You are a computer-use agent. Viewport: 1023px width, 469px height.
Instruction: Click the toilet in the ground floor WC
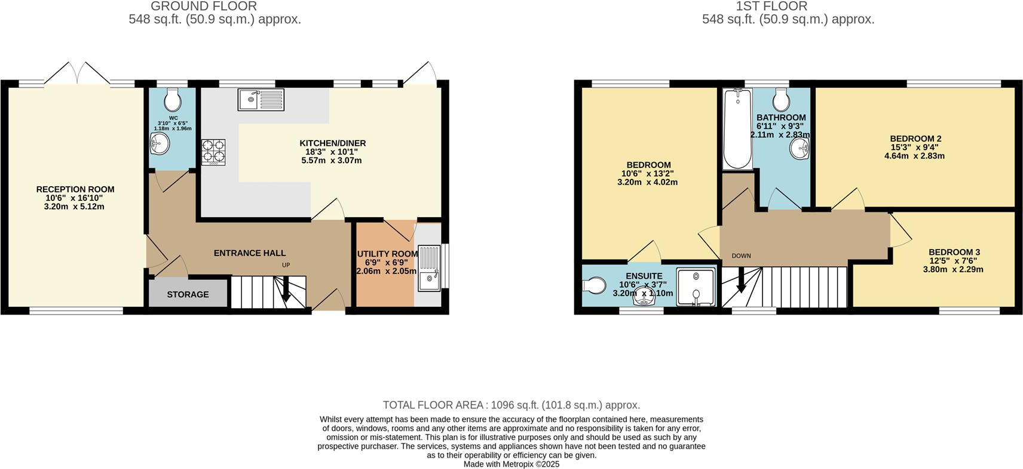[172, 98]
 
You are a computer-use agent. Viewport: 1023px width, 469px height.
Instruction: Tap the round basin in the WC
[160, 142]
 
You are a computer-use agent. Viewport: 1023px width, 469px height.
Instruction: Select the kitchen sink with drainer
[262, 100]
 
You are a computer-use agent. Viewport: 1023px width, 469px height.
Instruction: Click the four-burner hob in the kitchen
[213, 151]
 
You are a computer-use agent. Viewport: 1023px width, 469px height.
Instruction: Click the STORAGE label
[188, 294]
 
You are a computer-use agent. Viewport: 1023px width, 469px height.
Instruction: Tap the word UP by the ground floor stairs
[286, 265]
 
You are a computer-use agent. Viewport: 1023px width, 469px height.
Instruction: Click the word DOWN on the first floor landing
[741, 256]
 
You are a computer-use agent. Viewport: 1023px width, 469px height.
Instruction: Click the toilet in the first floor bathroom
[781, 98]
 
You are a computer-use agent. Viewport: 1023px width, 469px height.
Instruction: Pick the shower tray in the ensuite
[696, 287]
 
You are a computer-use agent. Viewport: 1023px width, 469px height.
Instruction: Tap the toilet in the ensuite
[593, 286]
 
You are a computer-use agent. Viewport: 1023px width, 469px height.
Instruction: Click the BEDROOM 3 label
[954, 252]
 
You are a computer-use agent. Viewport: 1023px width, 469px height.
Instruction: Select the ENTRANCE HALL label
[250, 253]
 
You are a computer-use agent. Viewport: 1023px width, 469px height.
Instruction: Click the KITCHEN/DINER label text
[332, 144]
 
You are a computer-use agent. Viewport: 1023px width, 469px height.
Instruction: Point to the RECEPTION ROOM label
[75, 190]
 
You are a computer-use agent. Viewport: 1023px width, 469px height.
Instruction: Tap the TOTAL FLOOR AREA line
[511, 405]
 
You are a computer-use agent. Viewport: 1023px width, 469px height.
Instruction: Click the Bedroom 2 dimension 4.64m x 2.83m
[914, 156]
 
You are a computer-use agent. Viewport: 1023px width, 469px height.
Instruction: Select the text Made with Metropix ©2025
[511, 464]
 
